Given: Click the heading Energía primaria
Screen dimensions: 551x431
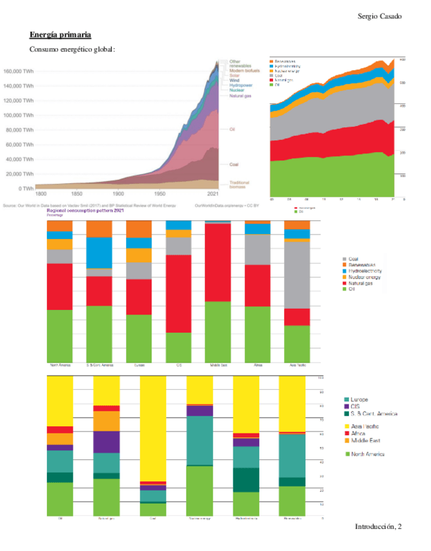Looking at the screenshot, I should [60, 34].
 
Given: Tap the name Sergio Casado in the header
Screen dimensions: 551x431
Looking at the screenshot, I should [380, 16].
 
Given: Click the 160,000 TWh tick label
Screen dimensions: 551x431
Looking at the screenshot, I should [20, 71].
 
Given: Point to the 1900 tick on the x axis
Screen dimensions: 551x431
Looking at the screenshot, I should [118, 194].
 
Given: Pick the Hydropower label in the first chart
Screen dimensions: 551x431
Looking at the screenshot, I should [241, 85].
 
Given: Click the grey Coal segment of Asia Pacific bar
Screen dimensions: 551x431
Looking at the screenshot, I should [297, 274].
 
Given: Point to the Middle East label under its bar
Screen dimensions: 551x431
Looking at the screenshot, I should [218, 365].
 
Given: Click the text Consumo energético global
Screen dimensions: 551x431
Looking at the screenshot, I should [72, 49].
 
